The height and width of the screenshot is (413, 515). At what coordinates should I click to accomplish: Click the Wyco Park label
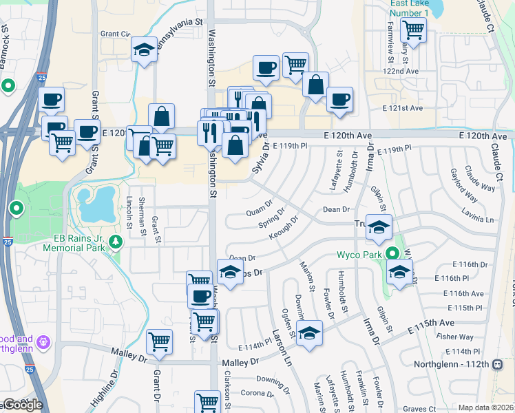coord(359,254)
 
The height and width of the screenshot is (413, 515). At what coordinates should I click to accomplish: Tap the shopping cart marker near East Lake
coord(413,30)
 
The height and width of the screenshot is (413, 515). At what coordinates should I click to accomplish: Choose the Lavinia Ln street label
coord(480,220)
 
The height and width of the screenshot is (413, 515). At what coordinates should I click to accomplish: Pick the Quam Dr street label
coord(259,213)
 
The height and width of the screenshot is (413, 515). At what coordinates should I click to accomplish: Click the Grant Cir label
coord(115,33)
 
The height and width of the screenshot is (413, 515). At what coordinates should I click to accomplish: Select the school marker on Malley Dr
coord(310,333)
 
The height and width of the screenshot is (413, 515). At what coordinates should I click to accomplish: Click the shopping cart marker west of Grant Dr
coord(160,341)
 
